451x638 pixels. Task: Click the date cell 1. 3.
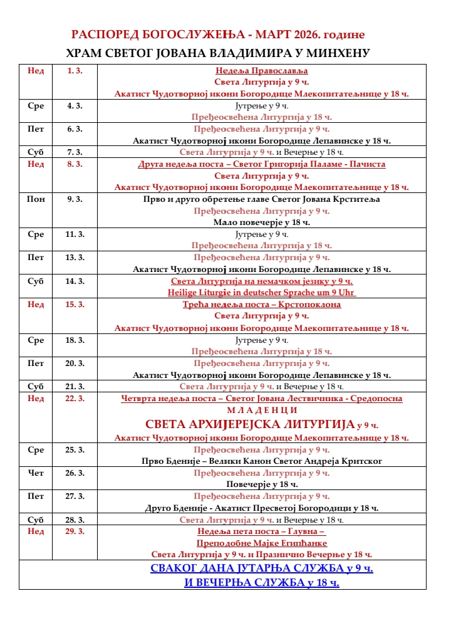click(x=75, y=71)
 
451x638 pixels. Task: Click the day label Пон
click(x=36, y=199)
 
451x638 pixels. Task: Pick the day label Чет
click(x=36, y=473)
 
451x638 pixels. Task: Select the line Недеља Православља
click(x=261, y=71)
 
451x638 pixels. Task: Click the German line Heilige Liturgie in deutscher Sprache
click(x=261, y=293)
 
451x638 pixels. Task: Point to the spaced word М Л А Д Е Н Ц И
click(x=261, y=410)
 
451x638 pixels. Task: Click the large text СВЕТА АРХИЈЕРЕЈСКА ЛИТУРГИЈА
click(x=250, y=424)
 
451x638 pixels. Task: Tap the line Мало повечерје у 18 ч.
click(x=261, y=222)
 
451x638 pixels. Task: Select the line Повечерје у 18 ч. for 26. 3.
click(x=261, y=484)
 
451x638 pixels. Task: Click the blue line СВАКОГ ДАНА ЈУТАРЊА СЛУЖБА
click(x=261, y=568)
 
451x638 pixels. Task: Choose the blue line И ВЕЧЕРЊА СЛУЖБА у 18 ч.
click(x=261, y=583)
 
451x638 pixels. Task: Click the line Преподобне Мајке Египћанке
click(x=261, y=543)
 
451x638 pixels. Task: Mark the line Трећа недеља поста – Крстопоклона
click(x=261, y=305)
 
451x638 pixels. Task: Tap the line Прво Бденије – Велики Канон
click(x=261, y=461)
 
